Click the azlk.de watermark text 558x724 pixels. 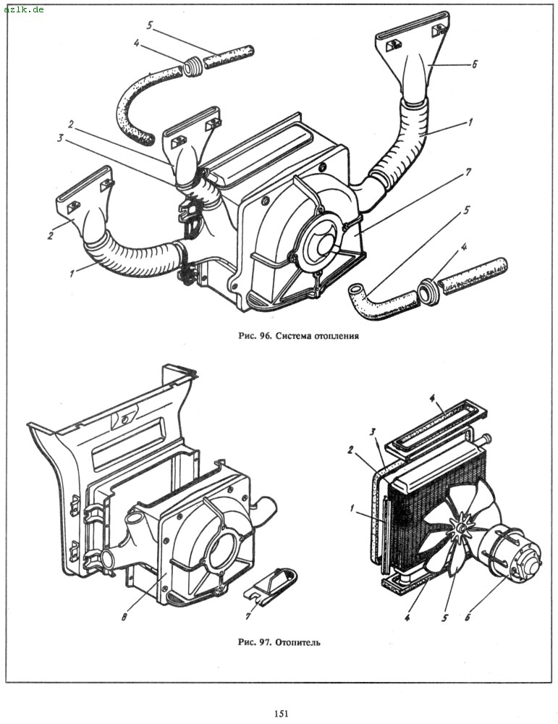[24, 9]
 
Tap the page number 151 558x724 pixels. [281, 713]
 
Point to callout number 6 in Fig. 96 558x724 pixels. [474, 64]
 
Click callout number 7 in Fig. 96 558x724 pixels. [468, 173]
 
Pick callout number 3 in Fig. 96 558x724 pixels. [61, 139]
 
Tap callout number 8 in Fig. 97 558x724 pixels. [124, 616]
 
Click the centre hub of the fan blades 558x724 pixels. [460, 526]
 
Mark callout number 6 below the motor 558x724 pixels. [468, 616]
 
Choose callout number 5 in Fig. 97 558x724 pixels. [444, 618]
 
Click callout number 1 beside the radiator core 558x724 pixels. [352, 508]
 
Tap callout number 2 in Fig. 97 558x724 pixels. [351, 450]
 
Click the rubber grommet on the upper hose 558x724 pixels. [193, 67]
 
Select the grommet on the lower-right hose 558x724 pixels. [428, 292]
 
